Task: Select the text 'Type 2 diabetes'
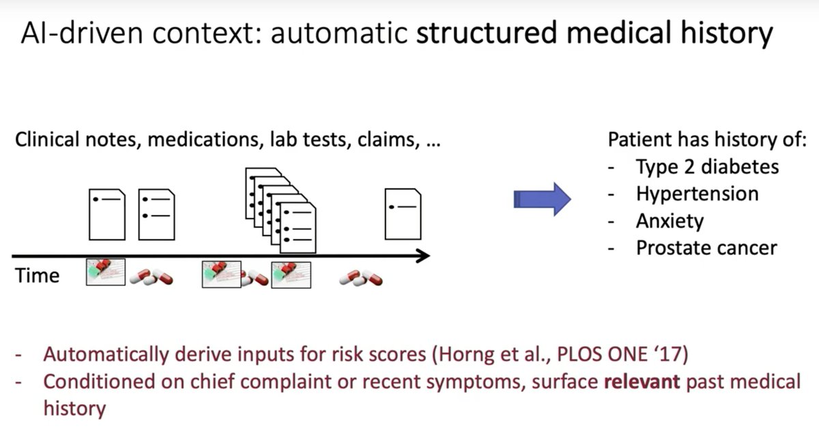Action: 707,167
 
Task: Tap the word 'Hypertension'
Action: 697,194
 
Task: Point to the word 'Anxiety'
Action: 670,220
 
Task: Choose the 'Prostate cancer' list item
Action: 706,247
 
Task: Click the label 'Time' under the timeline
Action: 37,276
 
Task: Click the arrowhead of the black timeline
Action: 424,256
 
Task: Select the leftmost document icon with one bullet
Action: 107,214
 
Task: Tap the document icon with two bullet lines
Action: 156,214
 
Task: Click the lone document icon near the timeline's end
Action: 403,214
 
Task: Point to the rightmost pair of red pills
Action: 361,277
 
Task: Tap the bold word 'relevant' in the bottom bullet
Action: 642,382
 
